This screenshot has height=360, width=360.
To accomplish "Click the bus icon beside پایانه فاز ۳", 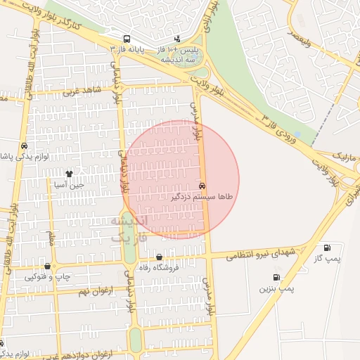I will [127, 39].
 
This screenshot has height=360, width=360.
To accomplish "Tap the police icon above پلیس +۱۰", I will [177, 39].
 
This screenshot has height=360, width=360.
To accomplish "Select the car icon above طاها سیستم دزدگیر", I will [202, 186].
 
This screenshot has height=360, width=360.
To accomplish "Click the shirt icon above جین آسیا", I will [69, 173].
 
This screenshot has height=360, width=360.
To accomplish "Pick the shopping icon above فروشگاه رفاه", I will [160, 257].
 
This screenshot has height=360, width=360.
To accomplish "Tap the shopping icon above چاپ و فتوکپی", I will [47, 266].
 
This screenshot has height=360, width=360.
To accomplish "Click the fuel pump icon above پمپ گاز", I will [328, 247].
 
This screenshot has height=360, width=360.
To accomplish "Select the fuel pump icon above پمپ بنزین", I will [276, 277].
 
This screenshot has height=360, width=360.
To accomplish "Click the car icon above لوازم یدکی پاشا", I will [23, 146].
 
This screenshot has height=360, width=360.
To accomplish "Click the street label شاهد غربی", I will [82, 90].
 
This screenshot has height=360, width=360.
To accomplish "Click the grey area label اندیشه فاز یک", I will [131, 229].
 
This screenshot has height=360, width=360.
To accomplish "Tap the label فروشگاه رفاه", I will [162, 267].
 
